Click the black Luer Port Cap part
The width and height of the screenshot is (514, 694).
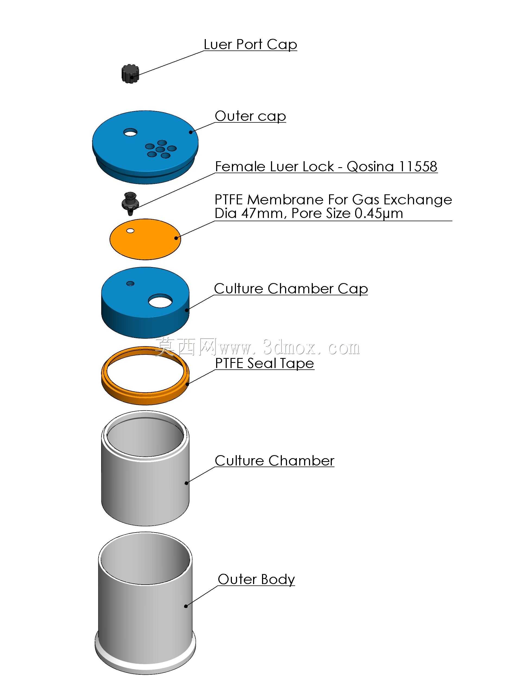130,74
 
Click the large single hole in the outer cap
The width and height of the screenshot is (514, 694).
130,133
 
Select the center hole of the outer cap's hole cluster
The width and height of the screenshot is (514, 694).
160,150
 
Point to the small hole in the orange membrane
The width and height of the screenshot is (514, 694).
130,230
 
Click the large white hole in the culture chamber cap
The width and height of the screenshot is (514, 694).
160,301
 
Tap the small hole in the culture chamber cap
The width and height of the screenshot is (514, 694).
130,283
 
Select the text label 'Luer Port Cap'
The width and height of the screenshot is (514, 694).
250,44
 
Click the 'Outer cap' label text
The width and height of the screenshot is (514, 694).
250,116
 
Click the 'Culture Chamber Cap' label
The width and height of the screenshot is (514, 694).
291,289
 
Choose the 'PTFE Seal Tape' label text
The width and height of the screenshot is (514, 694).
264,363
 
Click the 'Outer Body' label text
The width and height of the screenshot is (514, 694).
256,579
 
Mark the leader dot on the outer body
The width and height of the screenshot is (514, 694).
186,606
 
